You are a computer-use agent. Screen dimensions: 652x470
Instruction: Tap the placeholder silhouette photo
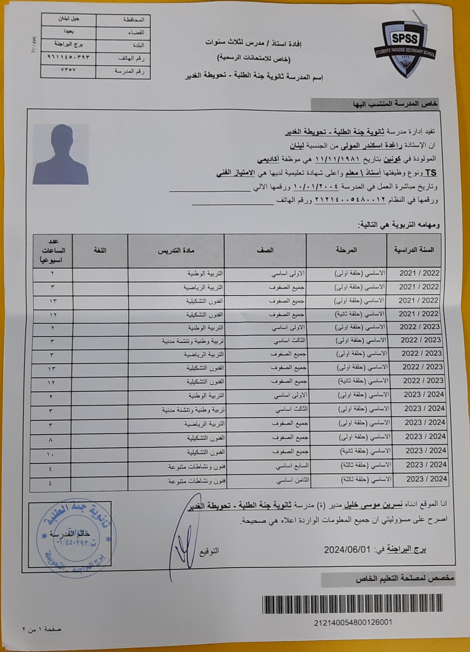point(61,154)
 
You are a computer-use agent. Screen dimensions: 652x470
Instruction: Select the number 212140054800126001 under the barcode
point(353,623)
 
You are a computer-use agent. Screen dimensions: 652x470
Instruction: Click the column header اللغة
point(100,250)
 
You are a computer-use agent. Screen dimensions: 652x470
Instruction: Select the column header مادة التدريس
point(176,250)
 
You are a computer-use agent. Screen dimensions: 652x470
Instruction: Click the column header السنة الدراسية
point(414,249)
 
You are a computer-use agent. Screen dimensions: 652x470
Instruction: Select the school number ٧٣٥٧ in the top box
point(68,70)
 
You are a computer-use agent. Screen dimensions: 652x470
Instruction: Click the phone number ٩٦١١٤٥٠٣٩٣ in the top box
point(68,57)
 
